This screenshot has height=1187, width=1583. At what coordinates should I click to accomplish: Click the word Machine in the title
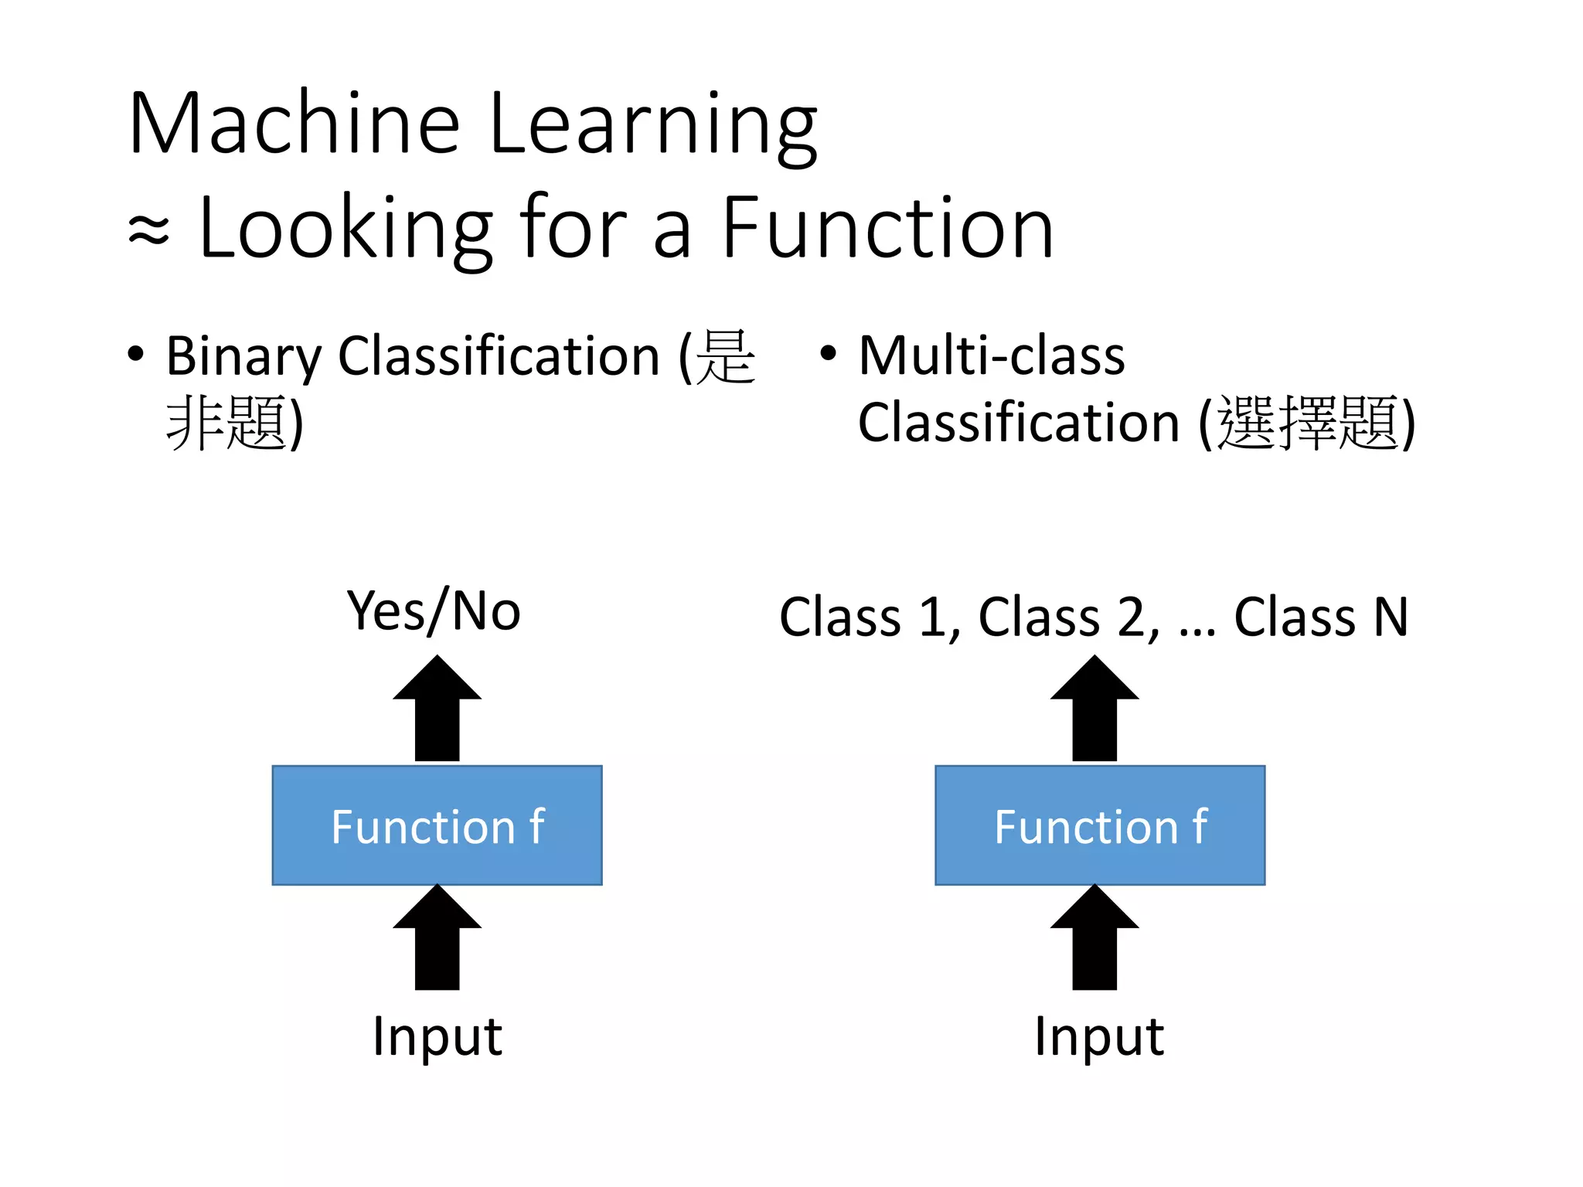pos(294,124)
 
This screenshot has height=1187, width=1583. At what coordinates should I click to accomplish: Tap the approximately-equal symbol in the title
pos(148,230)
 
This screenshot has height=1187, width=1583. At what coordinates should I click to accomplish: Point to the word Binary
pos(243,357)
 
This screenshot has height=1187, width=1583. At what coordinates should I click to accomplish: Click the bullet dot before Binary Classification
pos(136,355)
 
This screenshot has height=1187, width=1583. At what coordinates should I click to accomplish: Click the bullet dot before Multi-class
pos(828,355)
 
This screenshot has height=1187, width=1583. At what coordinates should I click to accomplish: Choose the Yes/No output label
pos(434,611)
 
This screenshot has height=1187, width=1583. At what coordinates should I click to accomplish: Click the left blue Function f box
pos(437,825)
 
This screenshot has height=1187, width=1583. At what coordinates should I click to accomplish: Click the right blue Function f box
pos(1099,825)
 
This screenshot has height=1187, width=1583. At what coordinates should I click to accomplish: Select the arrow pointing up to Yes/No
pos(437,709)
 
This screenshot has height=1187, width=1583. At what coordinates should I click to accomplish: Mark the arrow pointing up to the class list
pos(1094,709)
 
